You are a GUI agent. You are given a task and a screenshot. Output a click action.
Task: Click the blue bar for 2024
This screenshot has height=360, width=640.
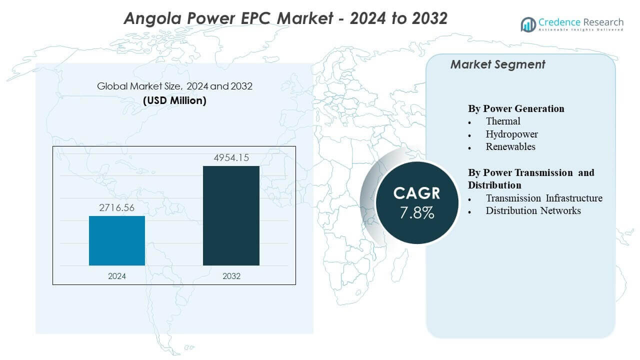117,240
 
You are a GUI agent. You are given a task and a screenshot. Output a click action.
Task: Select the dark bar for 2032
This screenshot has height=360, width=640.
231,215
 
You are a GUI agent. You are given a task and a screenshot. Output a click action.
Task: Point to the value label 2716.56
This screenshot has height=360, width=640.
117,208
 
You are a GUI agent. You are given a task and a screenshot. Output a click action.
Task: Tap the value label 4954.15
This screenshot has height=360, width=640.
231,158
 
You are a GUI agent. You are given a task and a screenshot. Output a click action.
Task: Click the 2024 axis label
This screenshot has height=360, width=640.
117,276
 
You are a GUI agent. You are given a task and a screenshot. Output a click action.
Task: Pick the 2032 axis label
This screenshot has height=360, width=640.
231,276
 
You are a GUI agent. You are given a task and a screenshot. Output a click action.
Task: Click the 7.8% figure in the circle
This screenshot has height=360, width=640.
417,213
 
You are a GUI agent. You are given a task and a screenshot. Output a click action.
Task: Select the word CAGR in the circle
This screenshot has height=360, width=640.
417,193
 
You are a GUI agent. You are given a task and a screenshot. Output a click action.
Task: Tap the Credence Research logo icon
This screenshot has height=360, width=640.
528,24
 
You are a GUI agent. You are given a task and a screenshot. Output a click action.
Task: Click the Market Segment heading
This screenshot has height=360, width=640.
497,64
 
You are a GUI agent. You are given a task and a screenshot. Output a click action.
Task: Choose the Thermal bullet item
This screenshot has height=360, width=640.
503,121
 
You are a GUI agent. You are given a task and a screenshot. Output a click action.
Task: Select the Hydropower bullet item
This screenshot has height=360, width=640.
511,134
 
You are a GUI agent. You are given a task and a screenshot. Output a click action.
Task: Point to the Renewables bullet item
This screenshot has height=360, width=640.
510,146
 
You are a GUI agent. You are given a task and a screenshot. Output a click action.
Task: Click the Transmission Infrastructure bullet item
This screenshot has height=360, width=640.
544,198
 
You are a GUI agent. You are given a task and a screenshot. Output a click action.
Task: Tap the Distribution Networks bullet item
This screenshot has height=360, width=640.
533,210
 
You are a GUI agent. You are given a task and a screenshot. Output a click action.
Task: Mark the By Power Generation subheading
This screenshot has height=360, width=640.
516,108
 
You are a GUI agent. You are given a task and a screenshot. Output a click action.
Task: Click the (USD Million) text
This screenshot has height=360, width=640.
174,100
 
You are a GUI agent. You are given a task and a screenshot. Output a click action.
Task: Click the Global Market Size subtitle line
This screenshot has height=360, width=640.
174,86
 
